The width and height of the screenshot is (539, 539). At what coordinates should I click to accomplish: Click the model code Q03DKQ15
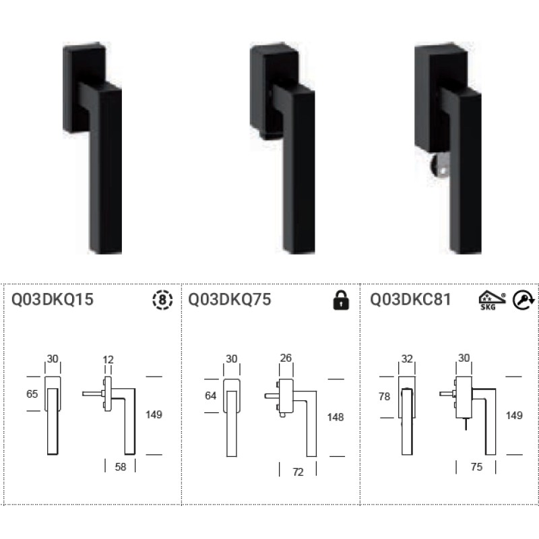click(x=53, y=300)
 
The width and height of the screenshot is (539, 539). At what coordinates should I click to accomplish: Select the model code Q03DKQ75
click(x=230, y=300)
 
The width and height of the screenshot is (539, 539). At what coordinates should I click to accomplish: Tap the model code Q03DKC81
click(x=411, y=300)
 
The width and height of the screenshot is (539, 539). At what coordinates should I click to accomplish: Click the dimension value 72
click(x=298, y=472)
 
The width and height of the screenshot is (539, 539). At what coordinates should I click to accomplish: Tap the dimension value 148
click(x=335, y=417)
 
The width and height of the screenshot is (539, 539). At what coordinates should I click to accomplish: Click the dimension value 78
click(x=384, y=397)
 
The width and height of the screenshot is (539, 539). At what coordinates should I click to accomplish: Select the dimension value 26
click(x=286, y=358)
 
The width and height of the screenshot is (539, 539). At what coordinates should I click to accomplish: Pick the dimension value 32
click(x=406, y=359)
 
